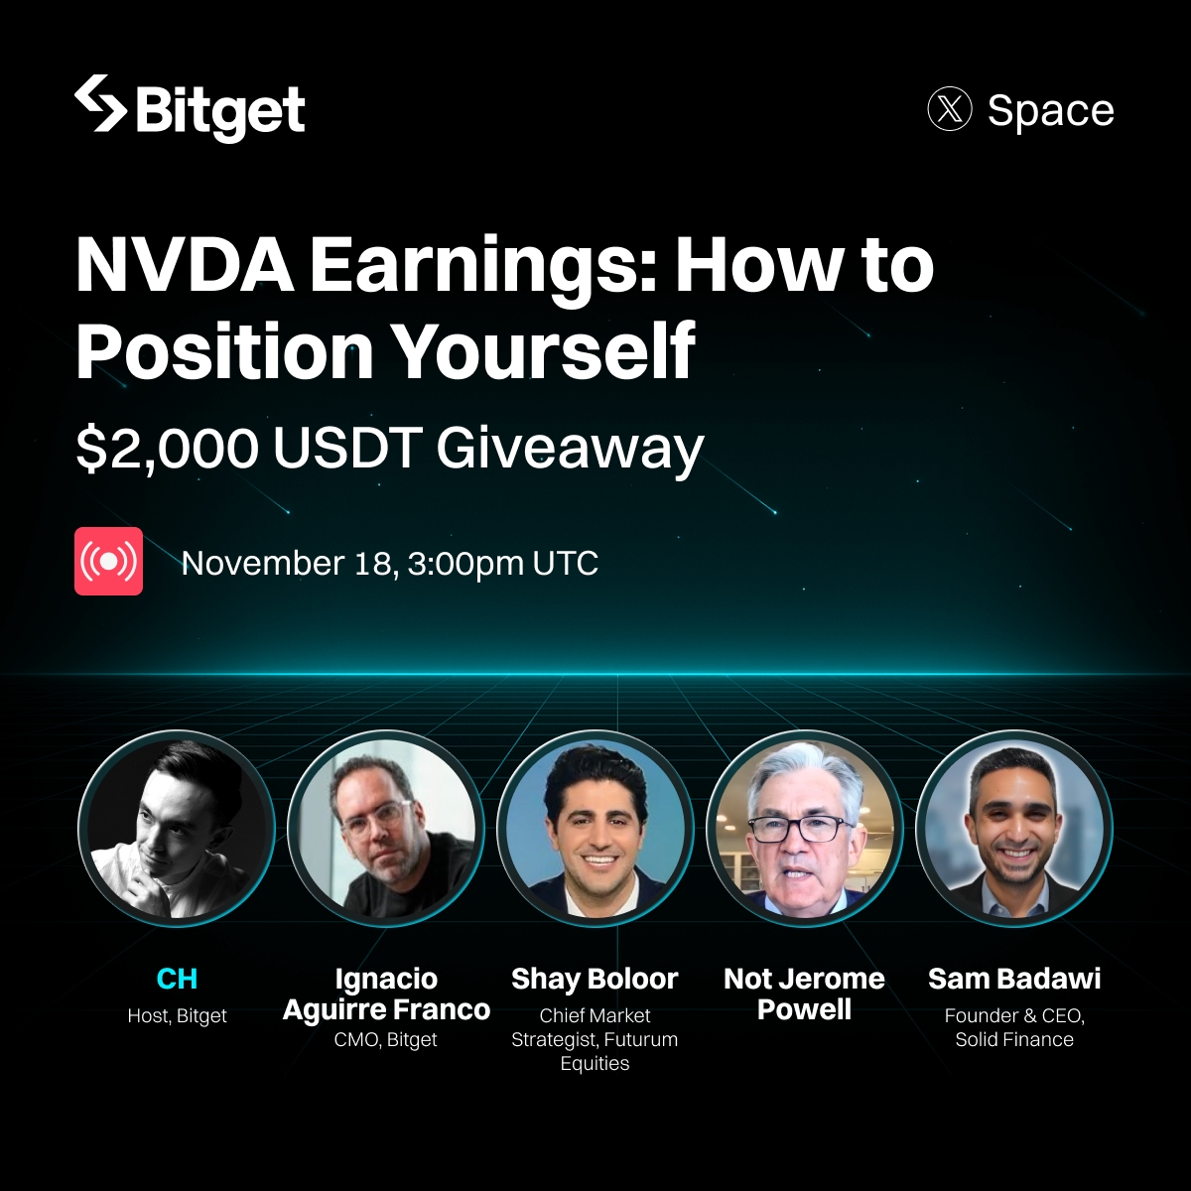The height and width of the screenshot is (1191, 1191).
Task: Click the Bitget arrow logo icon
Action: point(100,104)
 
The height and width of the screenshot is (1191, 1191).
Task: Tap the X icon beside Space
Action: point(949,109)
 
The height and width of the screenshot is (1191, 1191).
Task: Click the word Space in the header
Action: point(1050,110)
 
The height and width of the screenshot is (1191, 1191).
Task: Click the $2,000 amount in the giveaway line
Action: point(167,449)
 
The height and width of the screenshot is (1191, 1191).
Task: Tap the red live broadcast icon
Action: point(108,562)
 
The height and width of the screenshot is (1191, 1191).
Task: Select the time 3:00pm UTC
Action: point(503,564)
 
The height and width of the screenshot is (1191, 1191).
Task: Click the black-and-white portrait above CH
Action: point(177,829)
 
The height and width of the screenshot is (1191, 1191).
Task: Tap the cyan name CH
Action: point(177,980)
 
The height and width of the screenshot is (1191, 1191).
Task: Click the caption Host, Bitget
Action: point(177,1016)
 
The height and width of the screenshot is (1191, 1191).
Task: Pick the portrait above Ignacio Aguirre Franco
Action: point(386,829)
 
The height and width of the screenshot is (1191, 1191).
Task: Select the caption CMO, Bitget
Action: point(386,1040)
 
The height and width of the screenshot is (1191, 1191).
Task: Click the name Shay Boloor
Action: point(595,980)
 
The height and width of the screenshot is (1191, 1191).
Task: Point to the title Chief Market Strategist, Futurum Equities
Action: point(595,1040)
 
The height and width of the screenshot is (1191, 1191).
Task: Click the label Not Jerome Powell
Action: point(804,994)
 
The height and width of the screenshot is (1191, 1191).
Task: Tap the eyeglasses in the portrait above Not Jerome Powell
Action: point(799,828)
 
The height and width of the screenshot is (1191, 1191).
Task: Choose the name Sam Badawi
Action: point(1014,980)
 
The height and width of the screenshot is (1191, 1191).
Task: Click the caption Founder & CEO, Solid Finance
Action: point(1014,1028)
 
